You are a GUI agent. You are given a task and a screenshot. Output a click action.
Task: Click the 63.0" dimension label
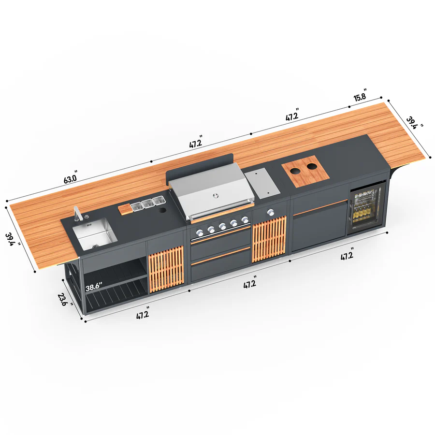click(x=71, y=177)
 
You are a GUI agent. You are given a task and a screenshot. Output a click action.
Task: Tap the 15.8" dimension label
click(x=361, y=95)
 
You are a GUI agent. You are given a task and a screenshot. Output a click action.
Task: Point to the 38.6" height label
click(x=94, y=287)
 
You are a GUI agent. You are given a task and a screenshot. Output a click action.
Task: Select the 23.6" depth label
click(x=64, y=300)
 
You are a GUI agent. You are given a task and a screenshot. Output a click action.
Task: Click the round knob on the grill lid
click(x=216, y=196)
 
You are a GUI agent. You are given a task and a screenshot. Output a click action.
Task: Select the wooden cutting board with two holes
click(x=305, y=171)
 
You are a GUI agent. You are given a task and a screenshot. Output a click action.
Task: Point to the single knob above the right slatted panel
click(x=270, y=213)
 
